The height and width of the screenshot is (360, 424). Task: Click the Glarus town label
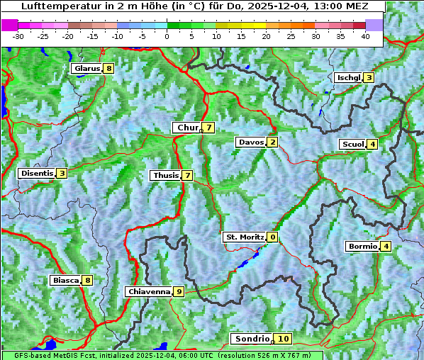[x=86, y=69]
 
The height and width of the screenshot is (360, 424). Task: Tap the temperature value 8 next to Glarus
[x=108, y=69]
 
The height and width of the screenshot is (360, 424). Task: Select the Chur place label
[x=187, y=128]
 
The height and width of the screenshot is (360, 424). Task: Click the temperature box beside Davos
[x=272, y=142]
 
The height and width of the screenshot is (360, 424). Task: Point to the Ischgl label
[x=348, y=77]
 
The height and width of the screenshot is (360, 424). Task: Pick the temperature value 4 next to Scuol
[x=372, y=145]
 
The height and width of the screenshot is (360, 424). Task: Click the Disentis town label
[x=37, y=173]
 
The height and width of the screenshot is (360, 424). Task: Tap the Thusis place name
[x=165, y=175]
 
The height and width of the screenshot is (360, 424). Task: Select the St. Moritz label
[x=244, y=237]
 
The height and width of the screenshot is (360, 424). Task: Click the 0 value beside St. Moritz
[x=272, y=237]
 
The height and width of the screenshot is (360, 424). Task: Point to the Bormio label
[x=362, y=247]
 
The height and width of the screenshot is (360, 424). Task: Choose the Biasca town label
[x=66, y=280]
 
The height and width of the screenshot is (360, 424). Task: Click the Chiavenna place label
[x=148, y=291]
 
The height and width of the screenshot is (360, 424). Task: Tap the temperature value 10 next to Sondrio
[x=283, y=339]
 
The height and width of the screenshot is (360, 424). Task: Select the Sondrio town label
[x=252, y=339]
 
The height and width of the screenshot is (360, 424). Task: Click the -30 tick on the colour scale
[x=18, y=35]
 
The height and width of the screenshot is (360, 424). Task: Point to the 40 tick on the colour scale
[x=365, y=35]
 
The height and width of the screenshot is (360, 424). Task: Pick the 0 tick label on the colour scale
[x=167, y=35]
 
